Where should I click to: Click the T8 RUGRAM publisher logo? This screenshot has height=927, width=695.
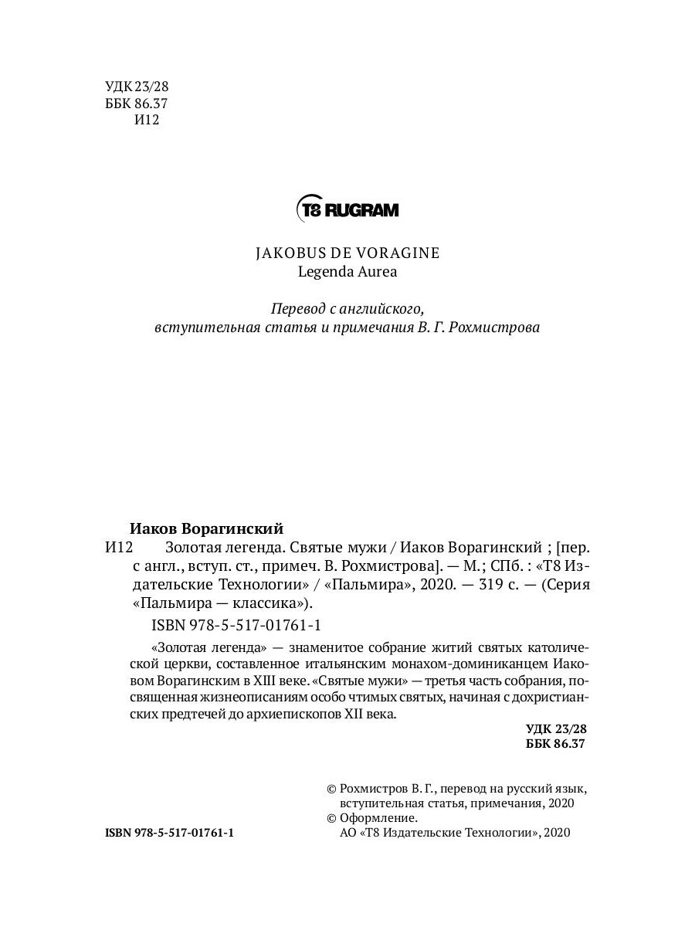pyautogui.click(x=347, y=209)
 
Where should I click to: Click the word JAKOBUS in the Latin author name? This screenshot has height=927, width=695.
pyautogui.click(x=286, y=253)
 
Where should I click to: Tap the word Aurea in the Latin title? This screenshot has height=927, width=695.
pyautogui.click(x=376, y=271)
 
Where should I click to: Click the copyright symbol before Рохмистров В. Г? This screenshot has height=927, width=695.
pyautogui.click(x=332, y=789)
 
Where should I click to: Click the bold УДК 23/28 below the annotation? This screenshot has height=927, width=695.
pyautogui.click(x=556, y=728)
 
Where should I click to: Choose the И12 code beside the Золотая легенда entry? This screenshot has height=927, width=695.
pyautogui.click(x=119, y=548)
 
